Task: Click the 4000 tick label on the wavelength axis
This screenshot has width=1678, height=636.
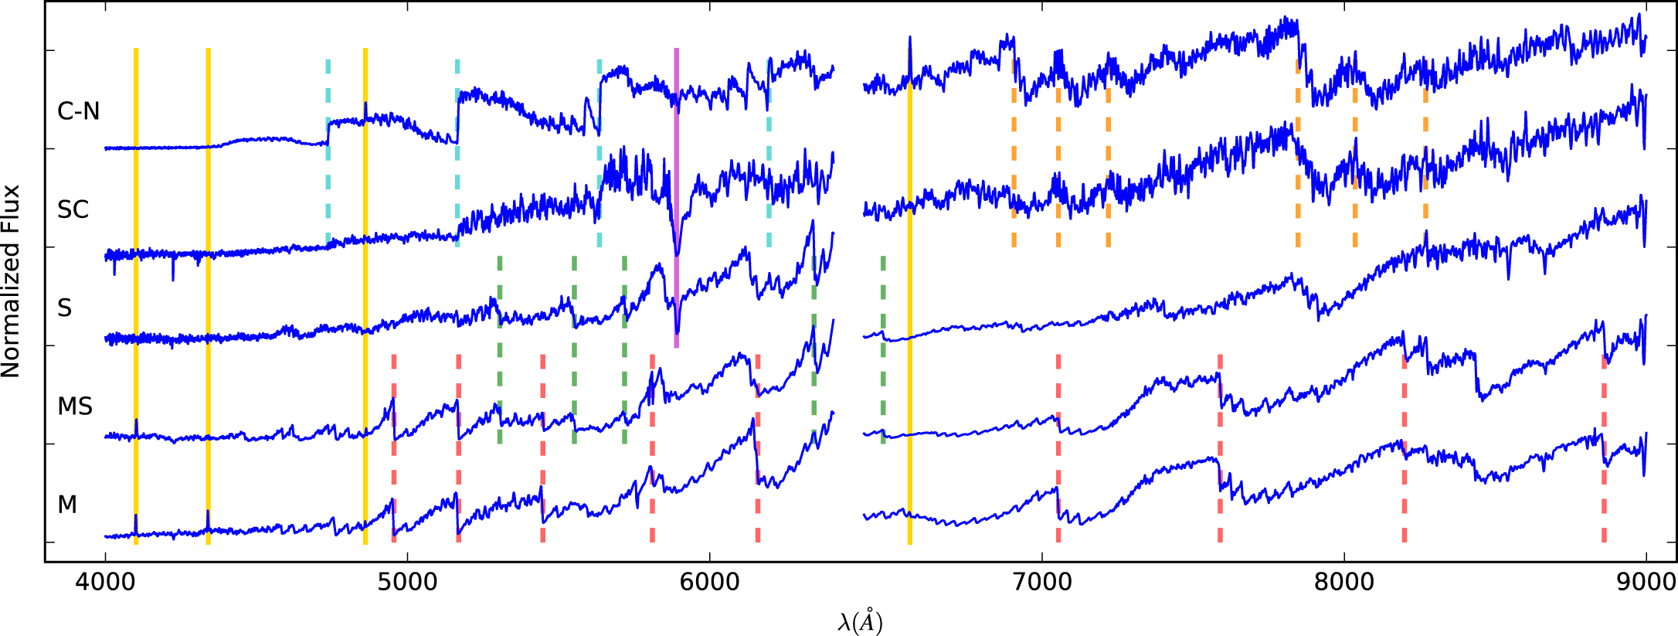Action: pyautogui.click(x=105, y=581)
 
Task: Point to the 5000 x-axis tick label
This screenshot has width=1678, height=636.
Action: pyautogui.click(x=407, y=581)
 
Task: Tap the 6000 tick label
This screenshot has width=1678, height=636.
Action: pyautogui.click(x=709, y=581)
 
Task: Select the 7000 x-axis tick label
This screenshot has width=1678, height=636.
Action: pyautogui.click(x=1042, y=581)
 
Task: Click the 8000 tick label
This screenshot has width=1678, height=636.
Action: pyautogui.click(x=1344, y=581)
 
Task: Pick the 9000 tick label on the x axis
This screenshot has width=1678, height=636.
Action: pyautogui.click(x=1646, y=581)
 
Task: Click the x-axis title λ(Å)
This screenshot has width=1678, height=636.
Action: pyautogui.click(x=860, y=621)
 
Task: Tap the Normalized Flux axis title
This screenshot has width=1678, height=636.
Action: pyautogui.click(x=11, y=281)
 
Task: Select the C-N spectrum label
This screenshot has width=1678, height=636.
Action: pyautogui.click(x=79, y=111)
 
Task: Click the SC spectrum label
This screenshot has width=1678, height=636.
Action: pyautogui.click(x=73, y=209)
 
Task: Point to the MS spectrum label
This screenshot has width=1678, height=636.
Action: pyautogui.click(x=75, y=406)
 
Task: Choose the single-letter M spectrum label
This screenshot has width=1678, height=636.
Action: pyautogui.click(x=67, y=505)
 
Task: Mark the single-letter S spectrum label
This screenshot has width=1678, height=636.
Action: pyautogui.click(x=65, y=308)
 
